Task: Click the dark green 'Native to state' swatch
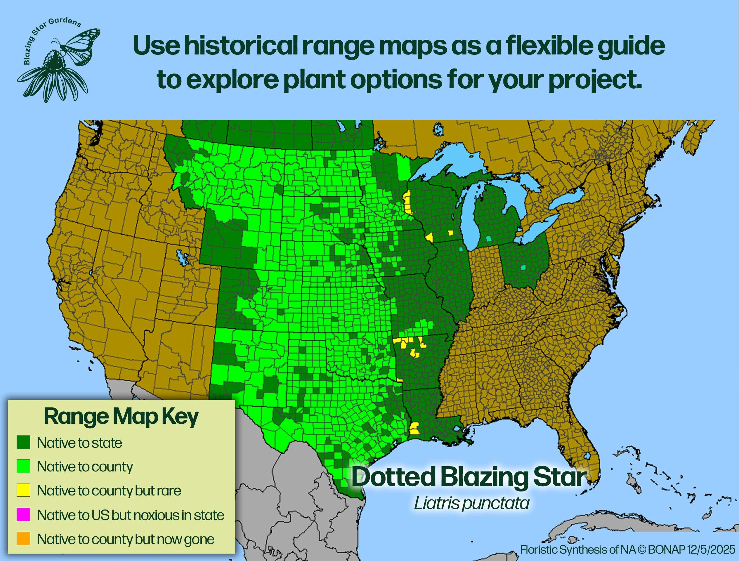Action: [23, 443]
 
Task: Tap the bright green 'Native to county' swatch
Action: [23, 466]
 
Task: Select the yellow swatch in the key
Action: [23, 490]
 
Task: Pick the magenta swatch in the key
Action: [23, 515]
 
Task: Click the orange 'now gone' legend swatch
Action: [23, 539]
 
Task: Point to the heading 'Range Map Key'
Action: [121, 417]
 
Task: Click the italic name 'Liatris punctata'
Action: [471, 503]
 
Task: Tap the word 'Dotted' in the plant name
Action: [394, 477]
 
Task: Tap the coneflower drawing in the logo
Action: [54, 77]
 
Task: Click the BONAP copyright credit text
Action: [628, 549]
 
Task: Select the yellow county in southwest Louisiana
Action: [414, 428]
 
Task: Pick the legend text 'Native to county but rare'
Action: [109, 491]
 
